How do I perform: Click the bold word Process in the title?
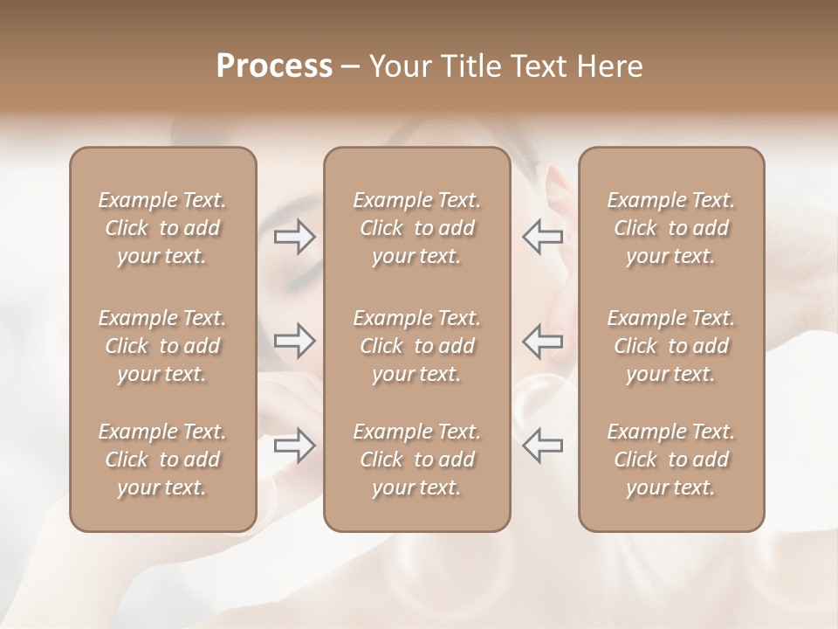point(274,66)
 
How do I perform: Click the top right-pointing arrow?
point(295,236)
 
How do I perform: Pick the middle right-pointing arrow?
point(295,341)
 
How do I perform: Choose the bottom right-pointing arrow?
point(295,446)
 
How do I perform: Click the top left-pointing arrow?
point(542,236)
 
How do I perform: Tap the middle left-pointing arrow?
point(542,341)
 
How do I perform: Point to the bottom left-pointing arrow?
point(542,446)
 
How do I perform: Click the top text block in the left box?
point(162,228)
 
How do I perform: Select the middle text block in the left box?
point(162,346)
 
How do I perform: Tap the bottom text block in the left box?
point(162,460)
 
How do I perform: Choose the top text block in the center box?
point(416,228)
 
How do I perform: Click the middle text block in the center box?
point(416,346)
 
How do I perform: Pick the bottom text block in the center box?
point(416,460)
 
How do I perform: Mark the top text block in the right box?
point(670,228)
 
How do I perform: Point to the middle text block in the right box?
point(670,346)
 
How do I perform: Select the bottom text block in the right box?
point(670,460)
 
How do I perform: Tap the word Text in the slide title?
point(536,66)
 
